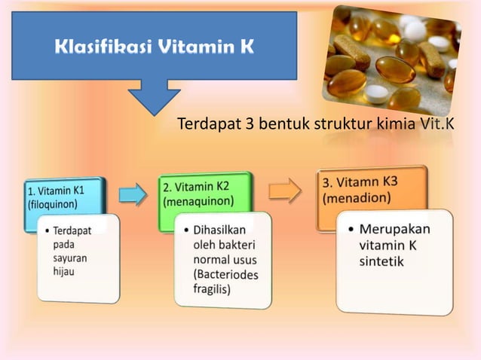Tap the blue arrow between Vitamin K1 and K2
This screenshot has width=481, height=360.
tap(133, 195)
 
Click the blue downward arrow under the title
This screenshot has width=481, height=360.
tap(154, 96)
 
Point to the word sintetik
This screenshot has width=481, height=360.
tap(381, 262)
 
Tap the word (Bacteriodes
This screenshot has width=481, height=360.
tap(225, 274)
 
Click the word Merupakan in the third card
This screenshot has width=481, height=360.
tap(394, 229)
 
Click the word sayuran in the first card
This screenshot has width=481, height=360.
tap(70, 258)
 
